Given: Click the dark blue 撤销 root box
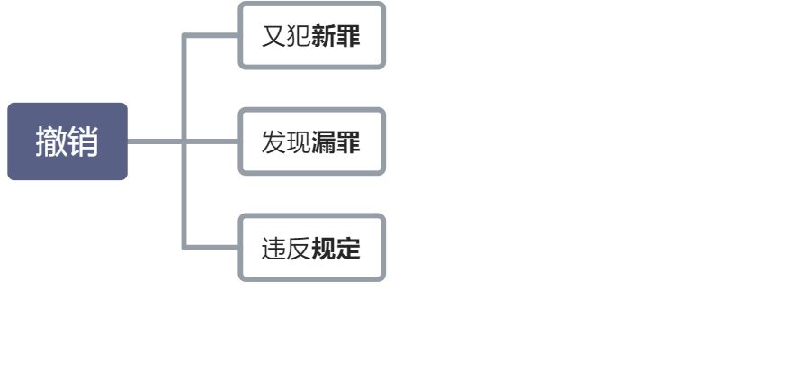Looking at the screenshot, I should tap(67, 141).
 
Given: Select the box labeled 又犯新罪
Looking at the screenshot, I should tap(311, 36).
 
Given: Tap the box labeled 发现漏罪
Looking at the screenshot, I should tap(311, 141).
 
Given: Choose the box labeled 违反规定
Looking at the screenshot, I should tap(311, 248).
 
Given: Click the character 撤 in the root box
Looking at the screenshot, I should tap(51, 141).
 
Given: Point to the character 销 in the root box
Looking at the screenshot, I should tap(84, 141).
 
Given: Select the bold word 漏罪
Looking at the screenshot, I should tap(336, 142).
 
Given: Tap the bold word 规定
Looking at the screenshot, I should tap(336, 249).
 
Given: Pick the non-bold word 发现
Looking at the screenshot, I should tap(286, 142).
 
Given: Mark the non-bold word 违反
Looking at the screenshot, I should tap(286, 249).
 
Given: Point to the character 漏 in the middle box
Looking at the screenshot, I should tap(324, 142).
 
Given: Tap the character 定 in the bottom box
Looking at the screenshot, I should tap(348, 249).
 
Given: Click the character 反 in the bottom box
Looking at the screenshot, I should tap(299, 249).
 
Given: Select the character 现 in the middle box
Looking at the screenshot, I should tap(299, 142).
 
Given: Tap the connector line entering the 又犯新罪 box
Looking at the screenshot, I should tap(212, 36).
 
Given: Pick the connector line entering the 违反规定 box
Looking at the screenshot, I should tap(212, 247).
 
